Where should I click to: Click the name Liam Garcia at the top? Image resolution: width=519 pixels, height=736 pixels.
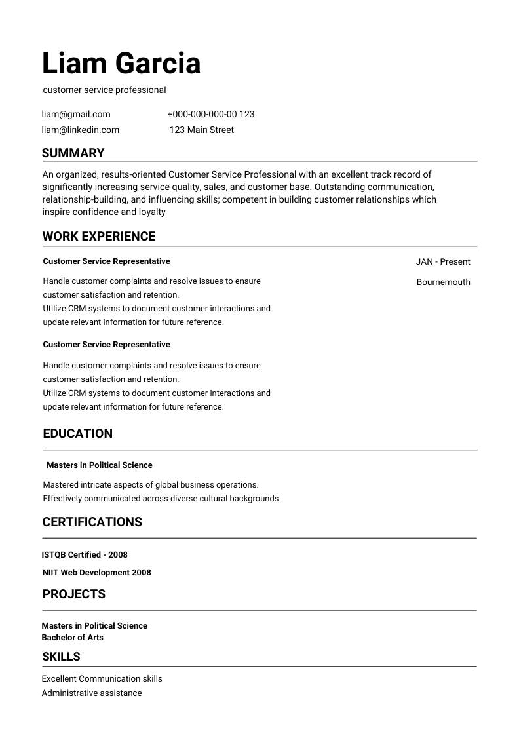tap(121, 64)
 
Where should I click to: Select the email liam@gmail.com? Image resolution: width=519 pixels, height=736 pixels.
tap(76, 114)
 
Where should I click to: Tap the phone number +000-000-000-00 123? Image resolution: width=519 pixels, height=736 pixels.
tap(210, 114)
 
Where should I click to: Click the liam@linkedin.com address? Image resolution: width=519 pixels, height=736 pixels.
tap(81, 130)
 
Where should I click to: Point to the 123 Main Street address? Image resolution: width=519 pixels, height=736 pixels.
tap(201, 130)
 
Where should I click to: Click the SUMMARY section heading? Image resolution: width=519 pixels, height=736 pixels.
tap(73, 153)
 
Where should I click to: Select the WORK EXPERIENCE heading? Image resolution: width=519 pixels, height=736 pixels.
tap(99, 237)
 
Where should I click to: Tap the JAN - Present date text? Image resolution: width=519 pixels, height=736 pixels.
tap(443, 261)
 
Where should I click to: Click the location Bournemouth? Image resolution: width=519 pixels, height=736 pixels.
tap(443, 282)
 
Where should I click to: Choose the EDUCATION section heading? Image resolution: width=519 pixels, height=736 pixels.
tap(77, 434)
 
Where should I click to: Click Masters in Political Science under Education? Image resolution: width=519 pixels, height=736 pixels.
tap(99, 465)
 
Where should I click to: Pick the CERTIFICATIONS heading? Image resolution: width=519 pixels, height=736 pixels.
tap(92, 522)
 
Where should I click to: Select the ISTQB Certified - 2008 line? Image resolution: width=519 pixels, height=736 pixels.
tap(85, 555)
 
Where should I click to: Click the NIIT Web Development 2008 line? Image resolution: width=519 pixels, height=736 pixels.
tap(96, 573)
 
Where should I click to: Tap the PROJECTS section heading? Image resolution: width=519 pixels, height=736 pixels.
tap(73, 594)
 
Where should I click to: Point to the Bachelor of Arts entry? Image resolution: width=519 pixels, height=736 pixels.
tap(72, 638)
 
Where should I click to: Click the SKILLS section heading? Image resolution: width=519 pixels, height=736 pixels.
tap(61, 657)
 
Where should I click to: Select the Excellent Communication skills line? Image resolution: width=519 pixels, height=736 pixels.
tap(102, 679)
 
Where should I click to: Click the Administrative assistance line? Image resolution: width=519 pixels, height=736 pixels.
tap(91, 693)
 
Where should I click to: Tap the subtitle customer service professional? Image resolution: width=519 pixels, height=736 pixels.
tap(104, 90)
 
